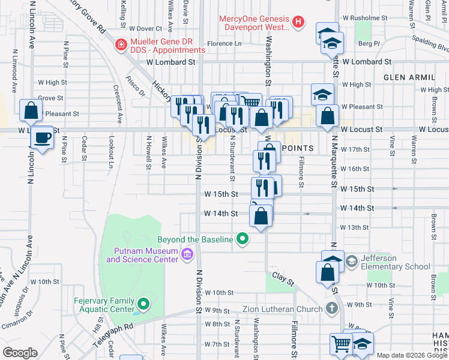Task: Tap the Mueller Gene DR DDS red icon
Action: tap(121, 44)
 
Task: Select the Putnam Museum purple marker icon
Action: tap(187, 255)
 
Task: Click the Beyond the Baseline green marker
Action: tap(243, 239)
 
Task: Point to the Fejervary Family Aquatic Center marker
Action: tap(143, 304)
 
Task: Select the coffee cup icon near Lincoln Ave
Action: tap(41, 137)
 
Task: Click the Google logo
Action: tap(20, 352)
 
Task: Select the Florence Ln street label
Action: tap(224, 44)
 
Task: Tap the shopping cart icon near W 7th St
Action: tap(341, 344)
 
